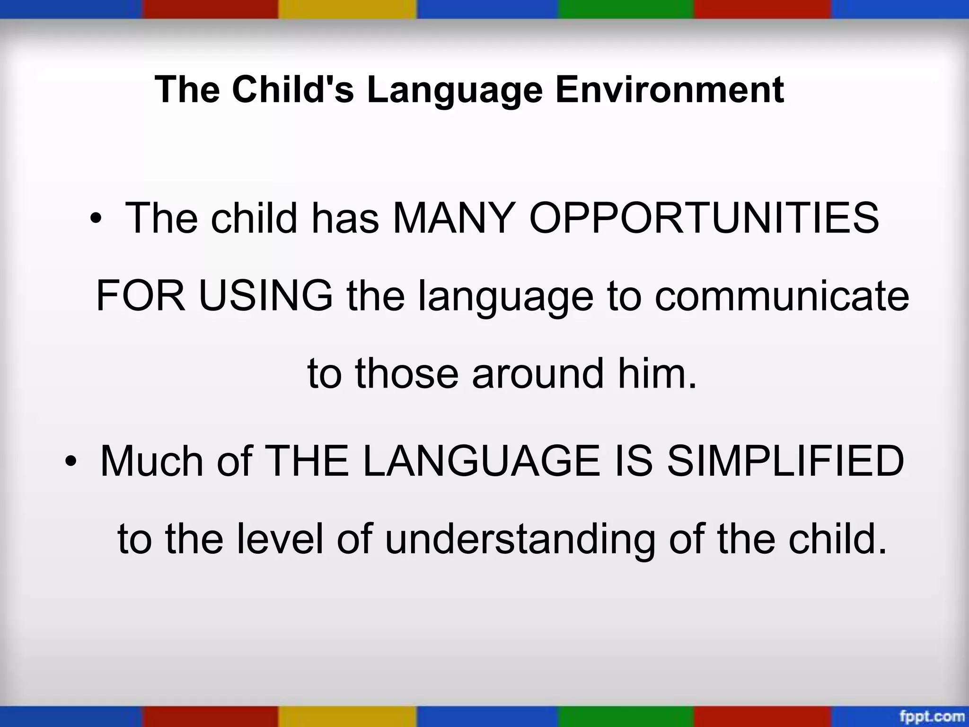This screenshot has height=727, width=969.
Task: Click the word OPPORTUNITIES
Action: coord(704,218)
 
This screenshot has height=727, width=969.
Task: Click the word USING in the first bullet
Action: coord(265,296)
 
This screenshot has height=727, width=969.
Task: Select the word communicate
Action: coord(782,296)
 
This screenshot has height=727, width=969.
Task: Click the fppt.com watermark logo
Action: coord(932,715)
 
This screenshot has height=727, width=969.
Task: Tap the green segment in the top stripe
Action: coord(625,9)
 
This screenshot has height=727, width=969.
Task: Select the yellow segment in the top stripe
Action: coord(347,9)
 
